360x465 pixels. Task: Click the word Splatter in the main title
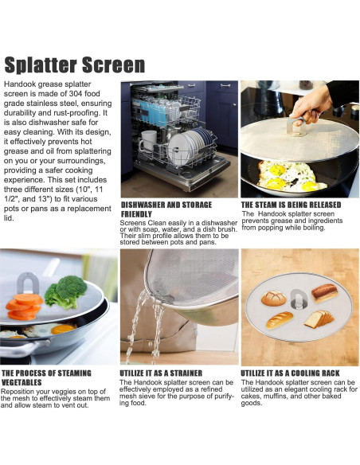click(41, 64)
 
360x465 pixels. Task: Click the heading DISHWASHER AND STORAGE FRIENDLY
click(166, 209)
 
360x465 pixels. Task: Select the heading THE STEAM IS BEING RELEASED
click(291, 205)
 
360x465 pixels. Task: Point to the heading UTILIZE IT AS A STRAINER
click(161, 373)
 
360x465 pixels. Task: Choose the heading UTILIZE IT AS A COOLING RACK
click(290, 373)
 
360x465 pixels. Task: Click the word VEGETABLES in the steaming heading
click(22, 382)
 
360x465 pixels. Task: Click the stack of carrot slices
click(24, 307)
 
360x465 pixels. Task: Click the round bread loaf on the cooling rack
click(273, 298)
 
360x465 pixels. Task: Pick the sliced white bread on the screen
click(319, 319)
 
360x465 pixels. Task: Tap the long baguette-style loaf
click(280, 320)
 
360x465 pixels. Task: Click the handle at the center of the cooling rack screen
click(299, 299)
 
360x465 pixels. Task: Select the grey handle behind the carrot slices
click(28, 283)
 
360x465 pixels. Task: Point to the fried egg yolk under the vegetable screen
click(62, 329)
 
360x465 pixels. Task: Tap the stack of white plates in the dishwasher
click(189, 144)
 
